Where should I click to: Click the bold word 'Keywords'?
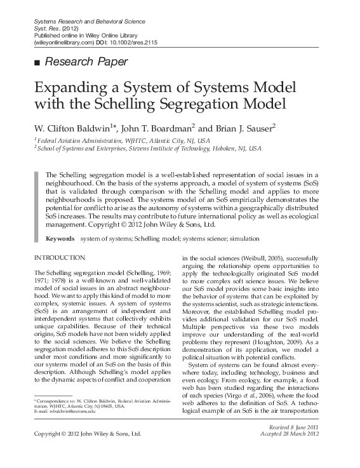pos(60,239)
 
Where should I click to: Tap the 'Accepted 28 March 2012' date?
pos(298,435)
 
